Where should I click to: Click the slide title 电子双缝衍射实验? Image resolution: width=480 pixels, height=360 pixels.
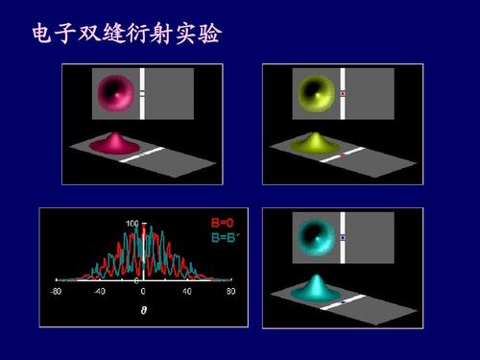pyautogui.click(x=126, y=35)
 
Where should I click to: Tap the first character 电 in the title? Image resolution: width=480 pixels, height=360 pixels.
pyautogui.click(x=43, y=35)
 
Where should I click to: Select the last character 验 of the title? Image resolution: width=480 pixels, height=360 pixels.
pyautogui.click(x=209, y=35)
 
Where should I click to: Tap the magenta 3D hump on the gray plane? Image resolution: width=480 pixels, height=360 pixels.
pyautogui.click(x=113, y=143)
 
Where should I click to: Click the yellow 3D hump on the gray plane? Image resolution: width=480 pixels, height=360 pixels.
pyautogui.click(x=314, y=143)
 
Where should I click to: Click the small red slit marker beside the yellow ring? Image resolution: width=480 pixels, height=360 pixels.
pyautogui.click(x=343, y=93)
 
